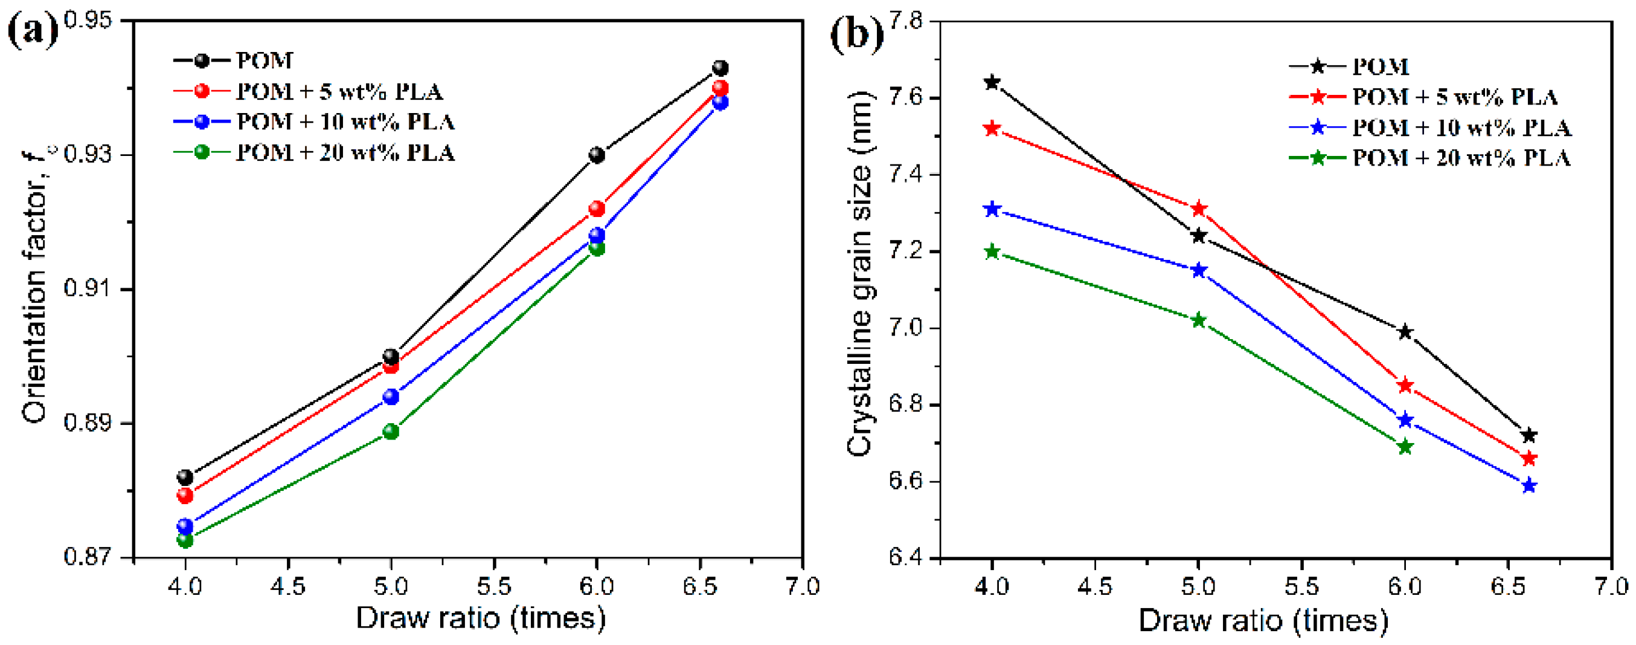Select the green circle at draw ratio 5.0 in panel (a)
pos(391,432)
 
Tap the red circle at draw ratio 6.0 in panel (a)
pos(596,209)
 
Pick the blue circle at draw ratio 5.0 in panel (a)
pos(391,397)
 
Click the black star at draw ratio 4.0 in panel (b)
pos(992,82)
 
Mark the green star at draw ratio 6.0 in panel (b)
pos(1405,446)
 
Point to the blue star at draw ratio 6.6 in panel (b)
pos(1529,485)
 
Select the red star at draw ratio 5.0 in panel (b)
pos(1198,209)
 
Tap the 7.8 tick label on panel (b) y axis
pos(905,22)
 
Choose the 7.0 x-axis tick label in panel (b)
pos(1611,586)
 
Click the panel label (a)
pos(32,30)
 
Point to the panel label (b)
pos(856,33)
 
